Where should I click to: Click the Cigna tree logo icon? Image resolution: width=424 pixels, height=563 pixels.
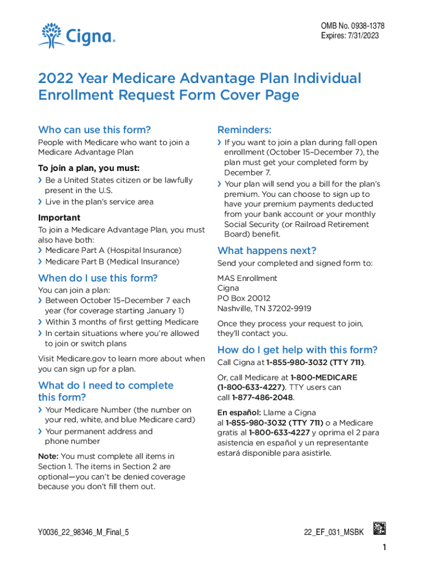point(51,35)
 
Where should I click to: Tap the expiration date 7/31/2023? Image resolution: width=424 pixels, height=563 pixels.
point(363,36)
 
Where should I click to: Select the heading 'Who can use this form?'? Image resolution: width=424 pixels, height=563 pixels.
point(94,130)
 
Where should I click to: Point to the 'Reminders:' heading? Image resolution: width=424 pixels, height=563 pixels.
point(244,130)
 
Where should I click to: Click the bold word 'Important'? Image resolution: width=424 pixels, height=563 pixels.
point(59,218)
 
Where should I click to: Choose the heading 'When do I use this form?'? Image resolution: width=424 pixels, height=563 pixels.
point(97,278)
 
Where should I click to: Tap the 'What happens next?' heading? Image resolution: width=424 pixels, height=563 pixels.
point(267,251)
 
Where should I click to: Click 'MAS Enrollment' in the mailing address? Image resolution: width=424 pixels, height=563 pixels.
point(247,278)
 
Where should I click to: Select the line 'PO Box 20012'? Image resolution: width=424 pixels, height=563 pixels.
point(244,299)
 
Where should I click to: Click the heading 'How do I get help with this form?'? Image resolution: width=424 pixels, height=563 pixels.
point(297,350)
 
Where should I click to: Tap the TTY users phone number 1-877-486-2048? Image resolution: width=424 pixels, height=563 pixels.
point(263,398)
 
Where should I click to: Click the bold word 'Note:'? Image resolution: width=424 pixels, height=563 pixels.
point(47,456)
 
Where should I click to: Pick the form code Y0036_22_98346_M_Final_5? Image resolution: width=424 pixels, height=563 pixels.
point(83,533)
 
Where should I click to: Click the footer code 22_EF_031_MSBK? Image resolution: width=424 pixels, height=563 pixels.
point(334,533)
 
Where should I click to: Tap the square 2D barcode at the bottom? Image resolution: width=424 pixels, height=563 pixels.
point(379,528)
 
